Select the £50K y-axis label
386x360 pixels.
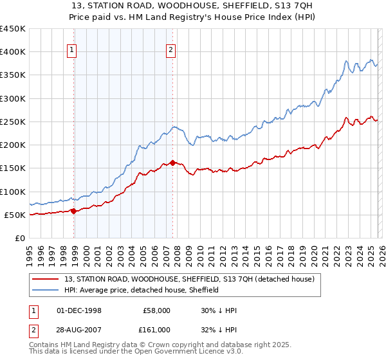point(15,215)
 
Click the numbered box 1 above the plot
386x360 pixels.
point(73,51)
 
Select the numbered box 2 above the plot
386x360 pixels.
point(171,51)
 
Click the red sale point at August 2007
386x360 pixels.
point(172,163)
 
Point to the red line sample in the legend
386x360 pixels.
point(46,279)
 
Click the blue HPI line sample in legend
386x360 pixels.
point(46,290)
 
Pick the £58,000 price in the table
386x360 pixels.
point(156,310)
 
